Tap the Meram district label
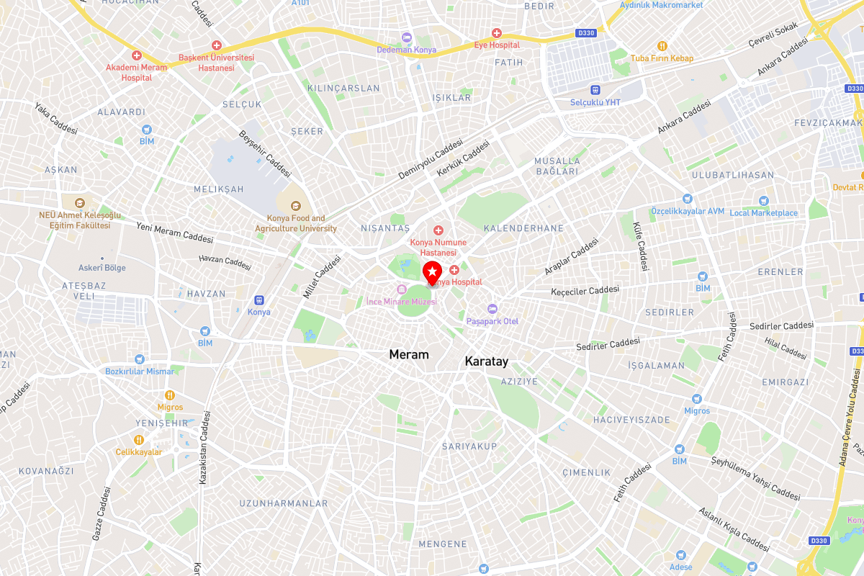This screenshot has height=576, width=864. tap(408, 354)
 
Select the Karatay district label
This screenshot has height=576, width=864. tap(487, 361)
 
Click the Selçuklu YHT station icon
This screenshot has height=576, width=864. tap(595, 90)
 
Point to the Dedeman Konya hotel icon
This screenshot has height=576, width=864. tap(406, 37)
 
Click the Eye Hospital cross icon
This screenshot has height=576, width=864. tap(496, 33)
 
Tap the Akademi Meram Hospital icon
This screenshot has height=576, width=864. tap(136, 55)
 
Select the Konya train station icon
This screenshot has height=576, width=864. tap(258, 300)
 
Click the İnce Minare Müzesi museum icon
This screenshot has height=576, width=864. tap(402, 289)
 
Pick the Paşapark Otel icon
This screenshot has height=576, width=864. tap(492, 308)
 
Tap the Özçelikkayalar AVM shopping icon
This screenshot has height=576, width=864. tap(687, 199)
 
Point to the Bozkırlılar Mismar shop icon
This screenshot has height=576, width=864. tap(139, 359)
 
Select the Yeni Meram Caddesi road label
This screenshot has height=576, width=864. tap(175, 232)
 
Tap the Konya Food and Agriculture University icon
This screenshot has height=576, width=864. tap(295, 206)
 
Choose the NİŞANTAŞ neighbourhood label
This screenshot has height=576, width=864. tap(384, 228)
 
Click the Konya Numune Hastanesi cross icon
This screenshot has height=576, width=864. tap(438, 230)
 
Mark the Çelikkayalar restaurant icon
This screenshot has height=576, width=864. tap(138, 439)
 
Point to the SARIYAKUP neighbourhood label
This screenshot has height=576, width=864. tap(469, 446)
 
